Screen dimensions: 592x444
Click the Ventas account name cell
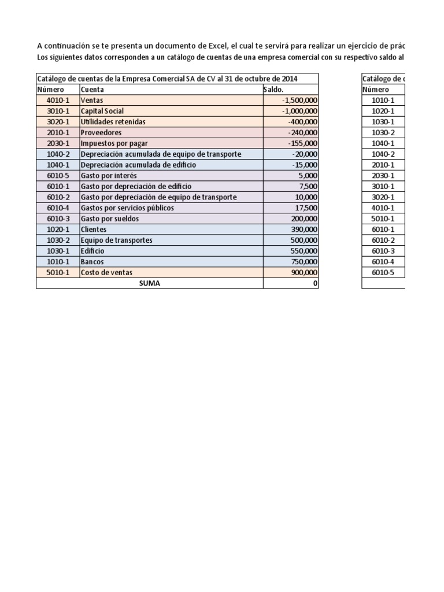(x=93, y=100)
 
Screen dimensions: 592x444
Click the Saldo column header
(x=274, y=90)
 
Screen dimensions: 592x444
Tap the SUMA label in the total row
(x=149, y=283)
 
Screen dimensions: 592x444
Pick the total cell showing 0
(x=314, y=283)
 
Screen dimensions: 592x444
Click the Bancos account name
(x=92, y=262)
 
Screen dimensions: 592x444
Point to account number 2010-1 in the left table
(x=58, y=132)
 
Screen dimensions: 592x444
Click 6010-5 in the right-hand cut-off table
(x=383, y=272)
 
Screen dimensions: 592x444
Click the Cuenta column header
(x=93, y=90)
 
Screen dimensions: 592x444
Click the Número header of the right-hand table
(x=376, y=90)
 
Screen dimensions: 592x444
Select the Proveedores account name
(x=102, y=132)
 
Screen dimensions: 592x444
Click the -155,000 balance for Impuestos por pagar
(x=302, y=143)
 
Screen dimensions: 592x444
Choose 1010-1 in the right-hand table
(x=383, y=100)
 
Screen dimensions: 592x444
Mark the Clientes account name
(x=94, y=230)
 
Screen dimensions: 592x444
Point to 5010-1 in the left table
(x=58, y=272)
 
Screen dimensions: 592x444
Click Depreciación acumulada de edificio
(x=138, y=165)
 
